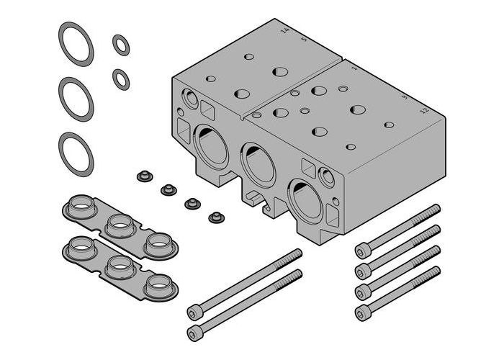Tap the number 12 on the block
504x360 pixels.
423,110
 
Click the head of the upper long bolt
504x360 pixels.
193,312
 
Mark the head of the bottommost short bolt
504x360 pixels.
361,312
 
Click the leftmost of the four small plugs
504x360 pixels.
143,175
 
